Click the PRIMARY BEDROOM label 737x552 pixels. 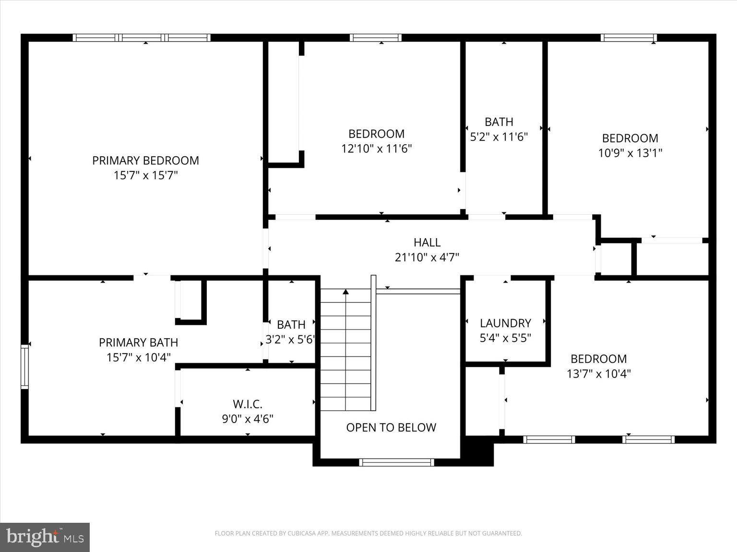coord(145,161)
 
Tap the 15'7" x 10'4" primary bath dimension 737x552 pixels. coord(138,357)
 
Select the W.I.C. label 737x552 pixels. coord(247,404)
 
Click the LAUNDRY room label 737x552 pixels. coord(505,323)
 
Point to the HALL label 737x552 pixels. coord(427,242)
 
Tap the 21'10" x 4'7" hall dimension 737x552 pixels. coord(427,257)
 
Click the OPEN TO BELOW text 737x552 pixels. coord(391,427)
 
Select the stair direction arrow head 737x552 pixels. coord(345,291)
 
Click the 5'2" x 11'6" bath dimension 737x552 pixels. coord(499,137)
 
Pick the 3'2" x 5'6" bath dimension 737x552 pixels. coord(291,340)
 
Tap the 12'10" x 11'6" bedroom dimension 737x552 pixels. coord(376,149)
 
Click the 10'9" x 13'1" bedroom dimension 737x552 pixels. coord(630,153)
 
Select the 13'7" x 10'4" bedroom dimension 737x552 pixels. coord(598,374)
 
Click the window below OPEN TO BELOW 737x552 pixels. coord(396,462)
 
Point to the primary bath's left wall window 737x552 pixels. coord(24,367)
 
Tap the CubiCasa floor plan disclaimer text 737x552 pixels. coord(368,533)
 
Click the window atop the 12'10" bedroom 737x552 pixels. coord(375,38)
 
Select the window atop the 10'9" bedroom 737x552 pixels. coord(629,38)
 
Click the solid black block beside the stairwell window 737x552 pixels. coord(477,451)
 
